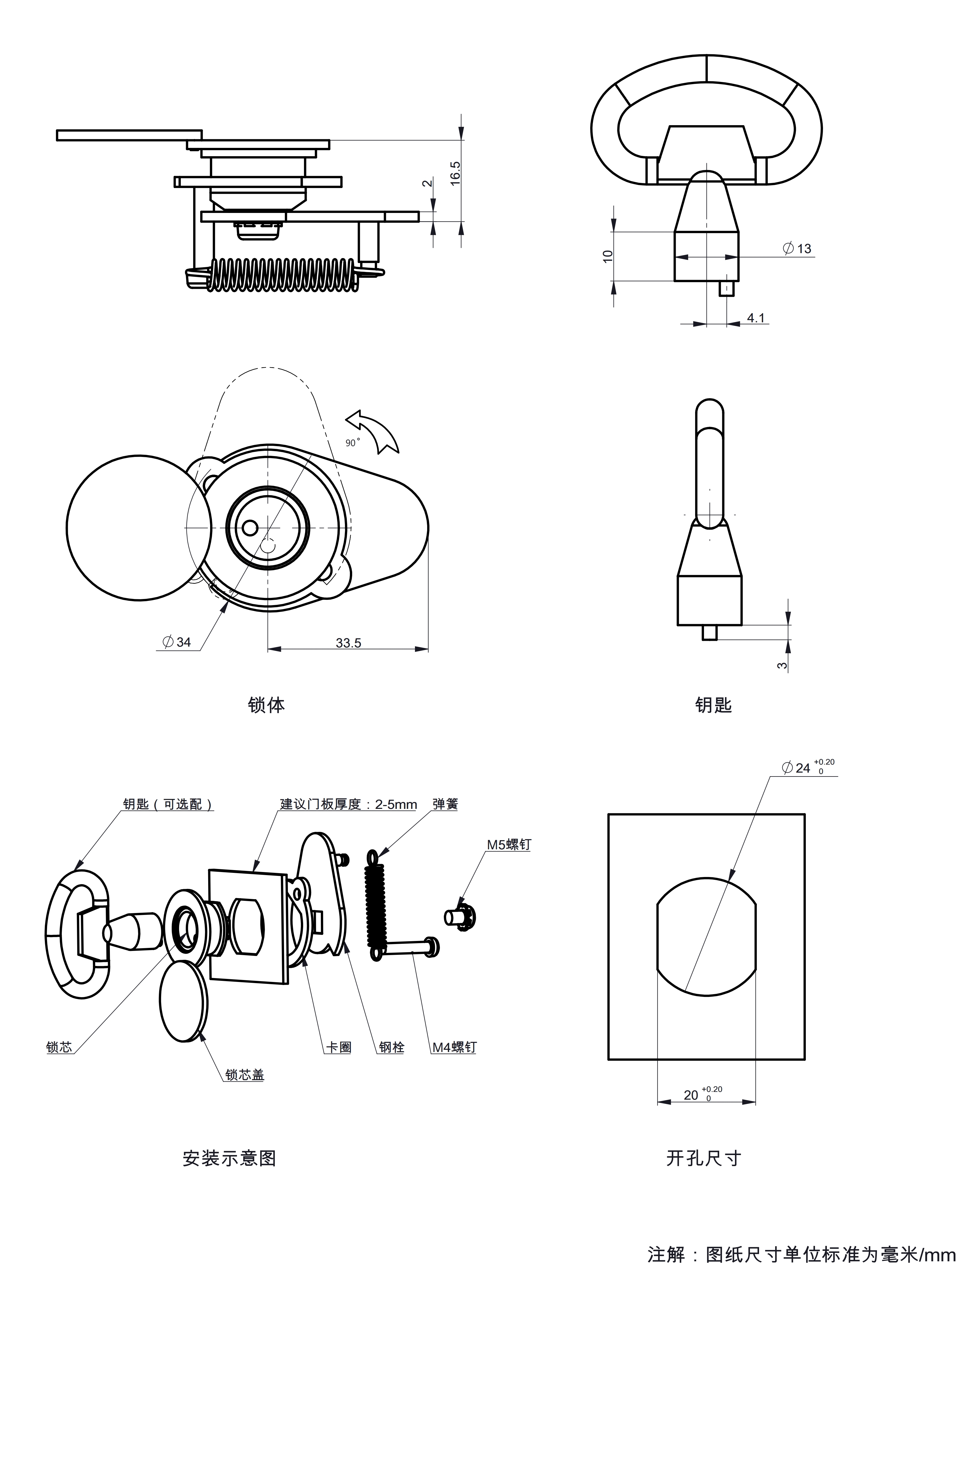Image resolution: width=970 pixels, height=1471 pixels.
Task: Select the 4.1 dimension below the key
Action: click(x=755, y=318)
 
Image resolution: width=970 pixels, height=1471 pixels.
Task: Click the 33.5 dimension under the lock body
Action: click(x=348, y=643)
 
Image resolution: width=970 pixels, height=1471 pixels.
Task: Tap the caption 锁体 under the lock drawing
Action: click(x=266, y=705)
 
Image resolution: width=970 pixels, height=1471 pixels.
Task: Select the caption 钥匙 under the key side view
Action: click(x=713, y=705)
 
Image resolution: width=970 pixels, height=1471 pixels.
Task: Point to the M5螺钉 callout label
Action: click(x=509, y=845)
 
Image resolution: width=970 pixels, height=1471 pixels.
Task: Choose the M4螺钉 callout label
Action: click(x=454, y=1047)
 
